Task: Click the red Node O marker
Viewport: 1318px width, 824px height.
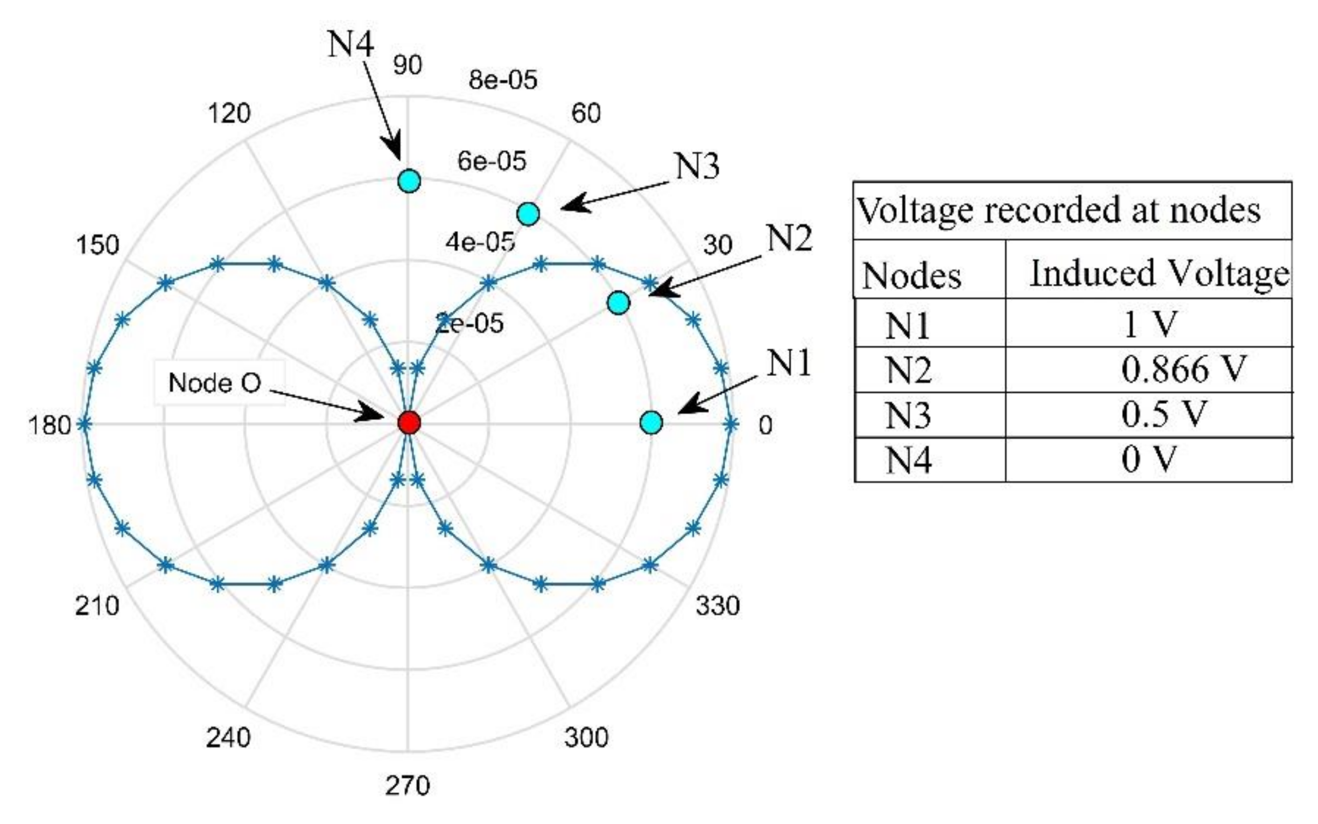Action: [409, 422]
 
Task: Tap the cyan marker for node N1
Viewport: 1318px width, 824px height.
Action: [651, 422]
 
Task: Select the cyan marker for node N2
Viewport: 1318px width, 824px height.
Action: [618, 303]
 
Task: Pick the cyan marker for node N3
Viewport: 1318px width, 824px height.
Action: [528, 214]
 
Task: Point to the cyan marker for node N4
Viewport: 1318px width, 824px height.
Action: [409, 181]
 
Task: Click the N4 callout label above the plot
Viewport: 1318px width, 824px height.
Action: [350, 44]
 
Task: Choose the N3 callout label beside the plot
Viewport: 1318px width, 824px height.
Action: [697, 166]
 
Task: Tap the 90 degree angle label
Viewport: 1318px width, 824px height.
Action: [408, 65]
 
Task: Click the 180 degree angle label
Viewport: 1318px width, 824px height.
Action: [49, 425]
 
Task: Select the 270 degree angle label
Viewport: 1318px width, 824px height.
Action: [408, 786]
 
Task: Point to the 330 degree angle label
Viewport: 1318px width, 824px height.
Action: [717, 606]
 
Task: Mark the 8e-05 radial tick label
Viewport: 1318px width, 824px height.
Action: [503, 80]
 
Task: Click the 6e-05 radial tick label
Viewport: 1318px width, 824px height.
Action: [492, 162]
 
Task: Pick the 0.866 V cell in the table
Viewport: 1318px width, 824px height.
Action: [1183, 369]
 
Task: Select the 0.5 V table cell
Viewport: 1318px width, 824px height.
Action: [1164, 414]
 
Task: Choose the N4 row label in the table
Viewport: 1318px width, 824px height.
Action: [908, 460]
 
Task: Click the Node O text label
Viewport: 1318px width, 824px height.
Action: [215, 382]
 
